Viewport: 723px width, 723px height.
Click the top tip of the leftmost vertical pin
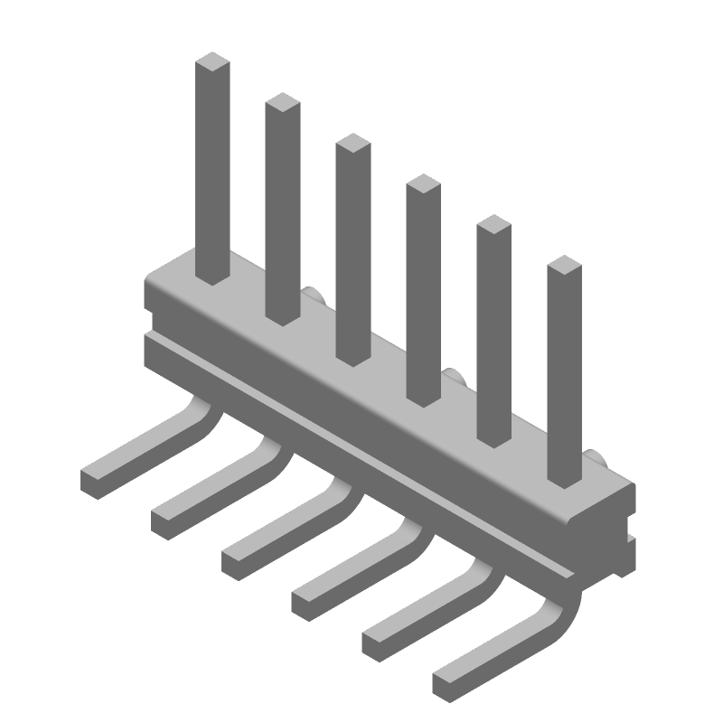click(213, 62)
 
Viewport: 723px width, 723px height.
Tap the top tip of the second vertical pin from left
click(283, 102)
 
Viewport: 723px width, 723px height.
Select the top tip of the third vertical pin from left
click(352, 143)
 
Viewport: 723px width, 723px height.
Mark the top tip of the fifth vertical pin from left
click(494, 225)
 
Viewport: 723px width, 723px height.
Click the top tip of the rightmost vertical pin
click(564, 265)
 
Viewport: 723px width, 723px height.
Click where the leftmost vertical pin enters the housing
click(213, 276)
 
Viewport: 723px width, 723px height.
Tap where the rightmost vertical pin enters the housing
click(564, 478)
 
